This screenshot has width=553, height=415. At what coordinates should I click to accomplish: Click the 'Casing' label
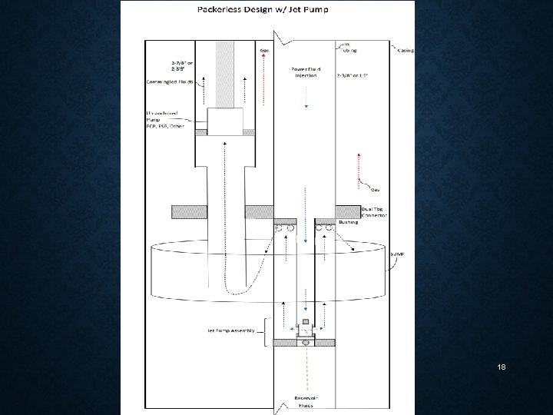pos(404,51)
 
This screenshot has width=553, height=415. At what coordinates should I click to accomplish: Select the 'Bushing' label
pos(347,221)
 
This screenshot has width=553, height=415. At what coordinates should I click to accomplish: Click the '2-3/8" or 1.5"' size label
pos(353,76)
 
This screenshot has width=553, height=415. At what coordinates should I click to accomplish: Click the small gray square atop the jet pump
pos(306,320)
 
